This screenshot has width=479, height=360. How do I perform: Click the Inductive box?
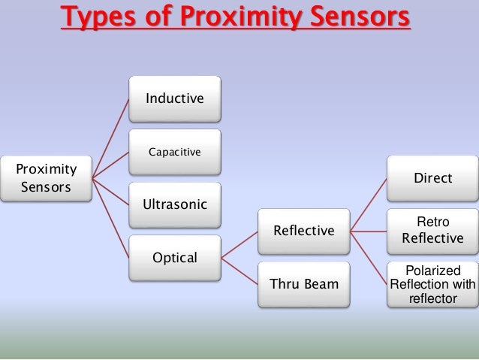click(175, 98)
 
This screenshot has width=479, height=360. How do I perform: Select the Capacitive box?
click(175, 152)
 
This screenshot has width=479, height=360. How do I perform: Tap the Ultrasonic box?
click(175, 204)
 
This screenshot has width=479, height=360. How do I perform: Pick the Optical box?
click(175, 258)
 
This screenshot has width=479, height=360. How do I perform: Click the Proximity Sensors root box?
click(46, 178)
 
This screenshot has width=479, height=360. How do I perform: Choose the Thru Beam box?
click(303, 284)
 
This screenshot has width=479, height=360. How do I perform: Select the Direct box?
click(432, 178)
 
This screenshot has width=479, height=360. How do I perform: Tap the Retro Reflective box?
click(432, 231)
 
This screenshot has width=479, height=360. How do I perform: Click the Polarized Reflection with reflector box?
click(432, 284)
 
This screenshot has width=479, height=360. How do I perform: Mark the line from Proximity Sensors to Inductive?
click(110, 138)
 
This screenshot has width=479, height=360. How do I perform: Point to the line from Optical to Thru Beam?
click(239, 271)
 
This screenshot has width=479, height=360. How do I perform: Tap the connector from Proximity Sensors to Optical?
click(110, 218)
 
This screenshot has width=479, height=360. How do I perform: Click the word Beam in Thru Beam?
click(321, 284)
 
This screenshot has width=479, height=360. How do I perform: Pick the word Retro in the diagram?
click(432, 223)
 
